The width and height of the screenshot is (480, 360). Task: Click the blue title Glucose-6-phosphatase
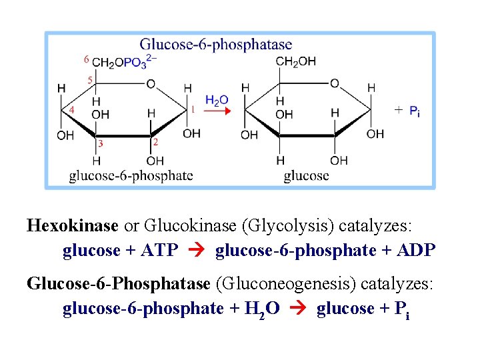215,45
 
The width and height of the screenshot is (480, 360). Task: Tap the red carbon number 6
86,59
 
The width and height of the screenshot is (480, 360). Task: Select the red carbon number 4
71,109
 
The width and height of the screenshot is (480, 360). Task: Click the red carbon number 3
101,143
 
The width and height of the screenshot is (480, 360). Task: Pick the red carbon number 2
155,142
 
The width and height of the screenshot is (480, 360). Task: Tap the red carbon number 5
89,80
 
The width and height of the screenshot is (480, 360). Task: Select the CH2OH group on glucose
296,62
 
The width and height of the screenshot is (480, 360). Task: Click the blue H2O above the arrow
217,101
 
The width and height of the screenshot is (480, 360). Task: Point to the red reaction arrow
217,111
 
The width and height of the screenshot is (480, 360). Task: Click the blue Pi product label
414,111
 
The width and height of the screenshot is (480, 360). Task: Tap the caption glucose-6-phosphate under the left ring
131,176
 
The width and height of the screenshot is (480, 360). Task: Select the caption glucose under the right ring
306,176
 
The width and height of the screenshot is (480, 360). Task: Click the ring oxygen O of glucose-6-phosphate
151,83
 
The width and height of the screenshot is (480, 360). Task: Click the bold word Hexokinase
73,225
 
